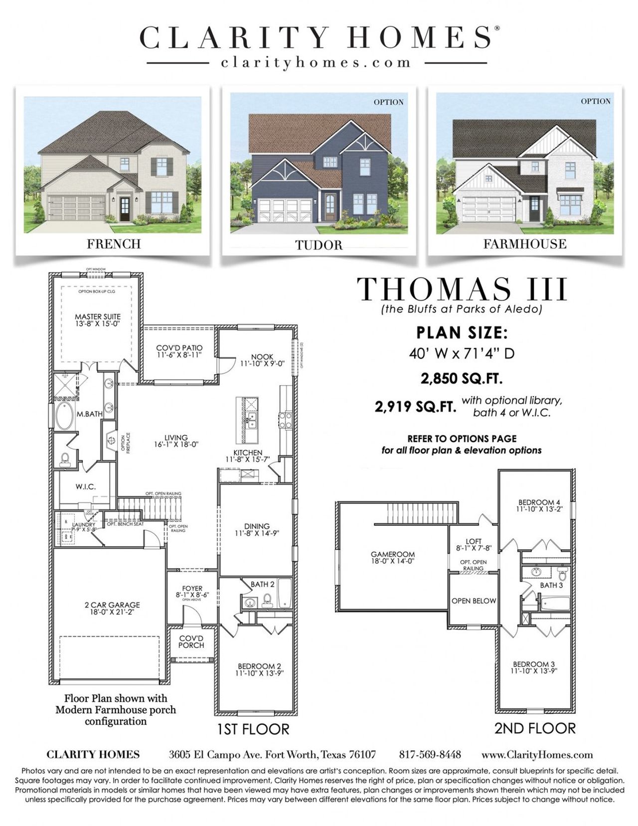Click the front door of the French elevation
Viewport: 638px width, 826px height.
pos(124,209)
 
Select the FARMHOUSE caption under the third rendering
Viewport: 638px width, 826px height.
pos(524,244)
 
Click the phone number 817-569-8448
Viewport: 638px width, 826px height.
pos(430,754)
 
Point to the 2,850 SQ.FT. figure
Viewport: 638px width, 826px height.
pos(461,379)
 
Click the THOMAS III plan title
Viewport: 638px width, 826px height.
pos(462,289)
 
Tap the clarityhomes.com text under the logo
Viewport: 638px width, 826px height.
pos(316,63)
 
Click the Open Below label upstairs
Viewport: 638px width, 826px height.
pos(474,601)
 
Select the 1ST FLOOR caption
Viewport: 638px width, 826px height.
pos(253,729)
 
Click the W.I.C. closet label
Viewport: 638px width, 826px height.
pos(86,487)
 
